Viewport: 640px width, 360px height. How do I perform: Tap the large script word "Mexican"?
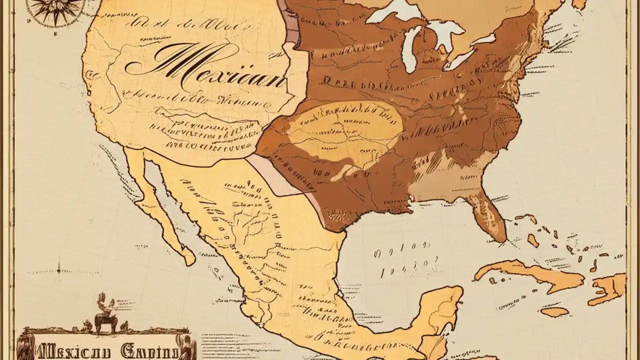(x=205, y=67)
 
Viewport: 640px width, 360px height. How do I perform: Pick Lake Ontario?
(x=482, y=39)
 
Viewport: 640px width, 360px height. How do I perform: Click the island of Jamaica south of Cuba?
(x=555, y=311)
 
